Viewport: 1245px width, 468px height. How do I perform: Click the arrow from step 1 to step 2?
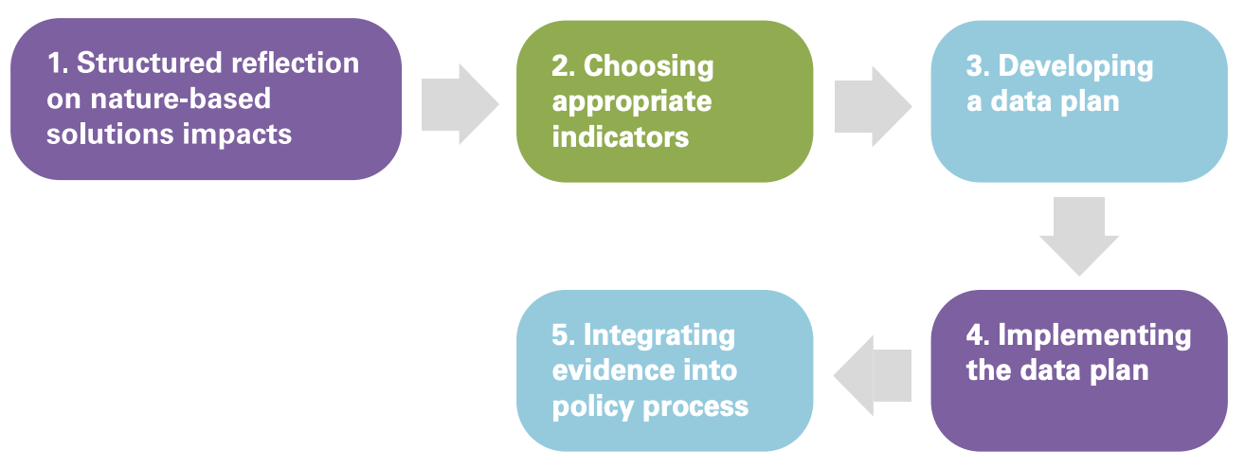[460, 104]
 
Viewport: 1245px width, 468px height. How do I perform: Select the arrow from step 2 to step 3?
[874, 106]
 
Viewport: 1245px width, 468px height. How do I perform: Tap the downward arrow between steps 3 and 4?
[1079, 236]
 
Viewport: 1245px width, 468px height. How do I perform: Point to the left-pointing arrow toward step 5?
[873, 376]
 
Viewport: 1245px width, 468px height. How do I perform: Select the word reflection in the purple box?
[295, 63]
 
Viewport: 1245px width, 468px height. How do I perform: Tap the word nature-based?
[181, 99]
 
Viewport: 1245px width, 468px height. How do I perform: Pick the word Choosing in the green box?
[649, 66]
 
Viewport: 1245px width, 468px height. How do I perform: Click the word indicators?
[621, 136]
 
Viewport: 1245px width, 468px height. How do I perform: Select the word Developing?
[1076, 66]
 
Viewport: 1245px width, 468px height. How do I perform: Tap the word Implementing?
[1095, 336]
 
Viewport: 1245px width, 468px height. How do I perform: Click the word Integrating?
[659, 336]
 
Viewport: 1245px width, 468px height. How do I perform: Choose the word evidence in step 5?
[610, 370]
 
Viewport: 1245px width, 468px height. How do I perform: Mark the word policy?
[593, 407]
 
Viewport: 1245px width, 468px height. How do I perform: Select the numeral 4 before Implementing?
[975, 335]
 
